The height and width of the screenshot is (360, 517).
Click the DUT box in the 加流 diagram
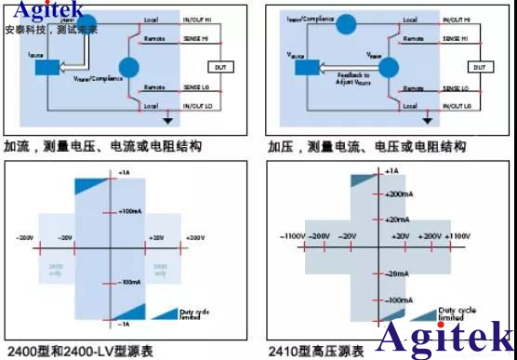pyautogui.click(x=220, y=67)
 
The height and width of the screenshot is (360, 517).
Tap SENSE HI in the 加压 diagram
pyautogui.click(x=455, y=38)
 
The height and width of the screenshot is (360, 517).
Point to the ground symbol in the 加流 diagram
pyautogui.click(x=167, y=119)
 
